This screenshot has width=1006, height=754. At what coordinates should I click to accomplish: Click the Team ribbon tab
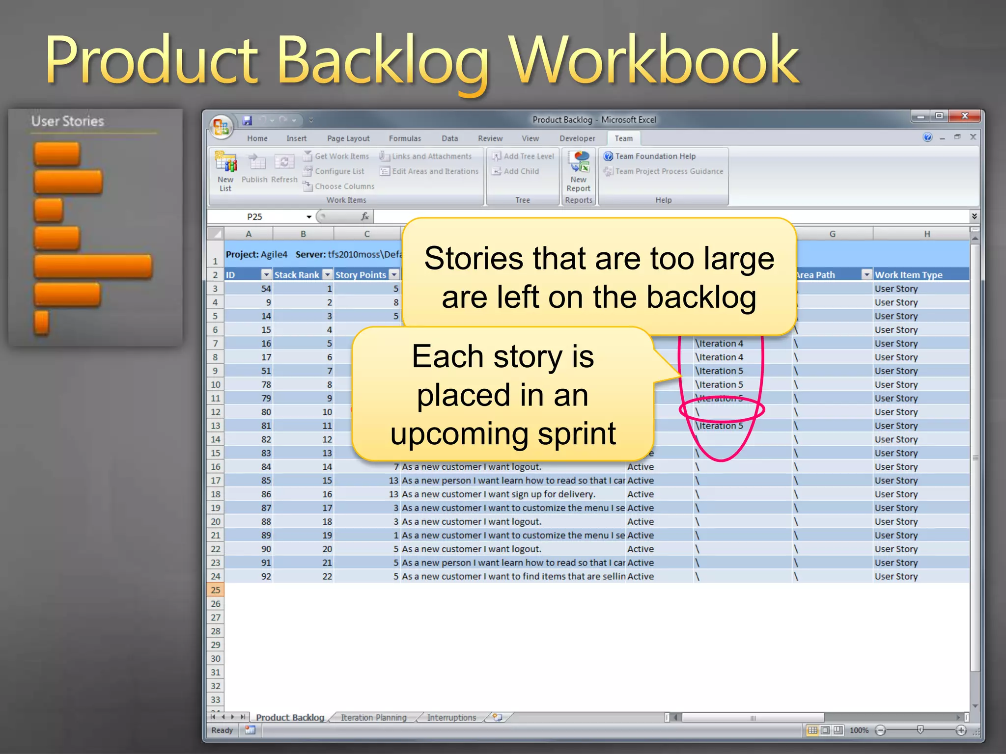click(x=623, y=138)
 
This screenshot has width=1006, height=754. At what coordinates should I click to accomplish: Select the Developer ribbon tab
click(x=577, y=138)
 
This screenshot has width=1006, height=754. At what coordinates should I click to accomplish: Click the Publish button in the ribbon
click(x=254, y=169)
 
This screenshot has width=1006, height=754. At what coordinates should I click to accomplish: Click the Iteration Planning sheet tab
click(x=373, y=717)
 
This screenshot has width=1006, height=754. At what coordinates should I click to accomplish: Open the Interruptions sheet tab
click(x=451, y=717)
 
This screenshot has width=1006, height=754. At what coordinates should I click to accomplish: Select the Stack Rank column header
click(x=297, y=275)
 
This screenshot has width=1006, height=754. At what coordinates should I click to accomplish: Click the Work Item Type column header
click(x=908, y=275)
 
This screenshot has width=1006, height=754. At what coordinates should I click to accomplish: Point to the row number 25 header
click(x=215, y=590)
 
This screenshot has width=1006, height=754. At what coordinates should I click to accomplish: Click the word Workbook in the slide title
click(x=654, y=61)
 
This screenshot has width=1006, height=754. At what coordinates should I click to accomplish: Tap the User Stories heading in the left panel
click(x=68, y=121)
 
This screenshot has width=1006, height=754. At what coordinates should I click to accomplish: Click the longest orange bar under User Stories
click(x=93, y=267)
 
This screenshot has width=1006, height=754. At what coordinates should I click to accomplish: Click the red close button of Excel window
click(x=965, y=116)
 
